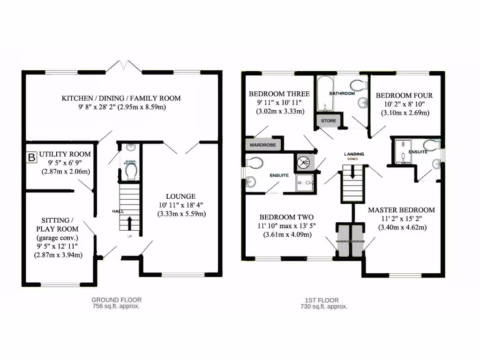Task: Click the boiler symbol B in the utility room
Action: tap(31, 157)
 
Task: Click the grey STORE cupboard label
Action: tap(328, 121)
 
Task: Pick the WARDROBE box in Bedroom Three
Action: tap(263, 145)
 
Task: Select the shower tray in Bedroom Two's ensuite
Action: tap(305, 183)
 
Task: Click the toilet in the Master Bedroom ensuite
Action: tap(429, 144)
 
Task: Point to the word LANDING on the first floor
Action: tap(354, 154)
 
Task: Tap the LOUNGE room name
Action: tap(180, 196)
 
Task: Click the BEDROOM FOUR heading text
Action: tap(404, 96)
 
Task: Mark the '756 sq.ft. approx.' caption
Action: tap(116, 306)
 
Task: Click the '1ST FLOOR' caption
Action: tap(324, 300)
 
